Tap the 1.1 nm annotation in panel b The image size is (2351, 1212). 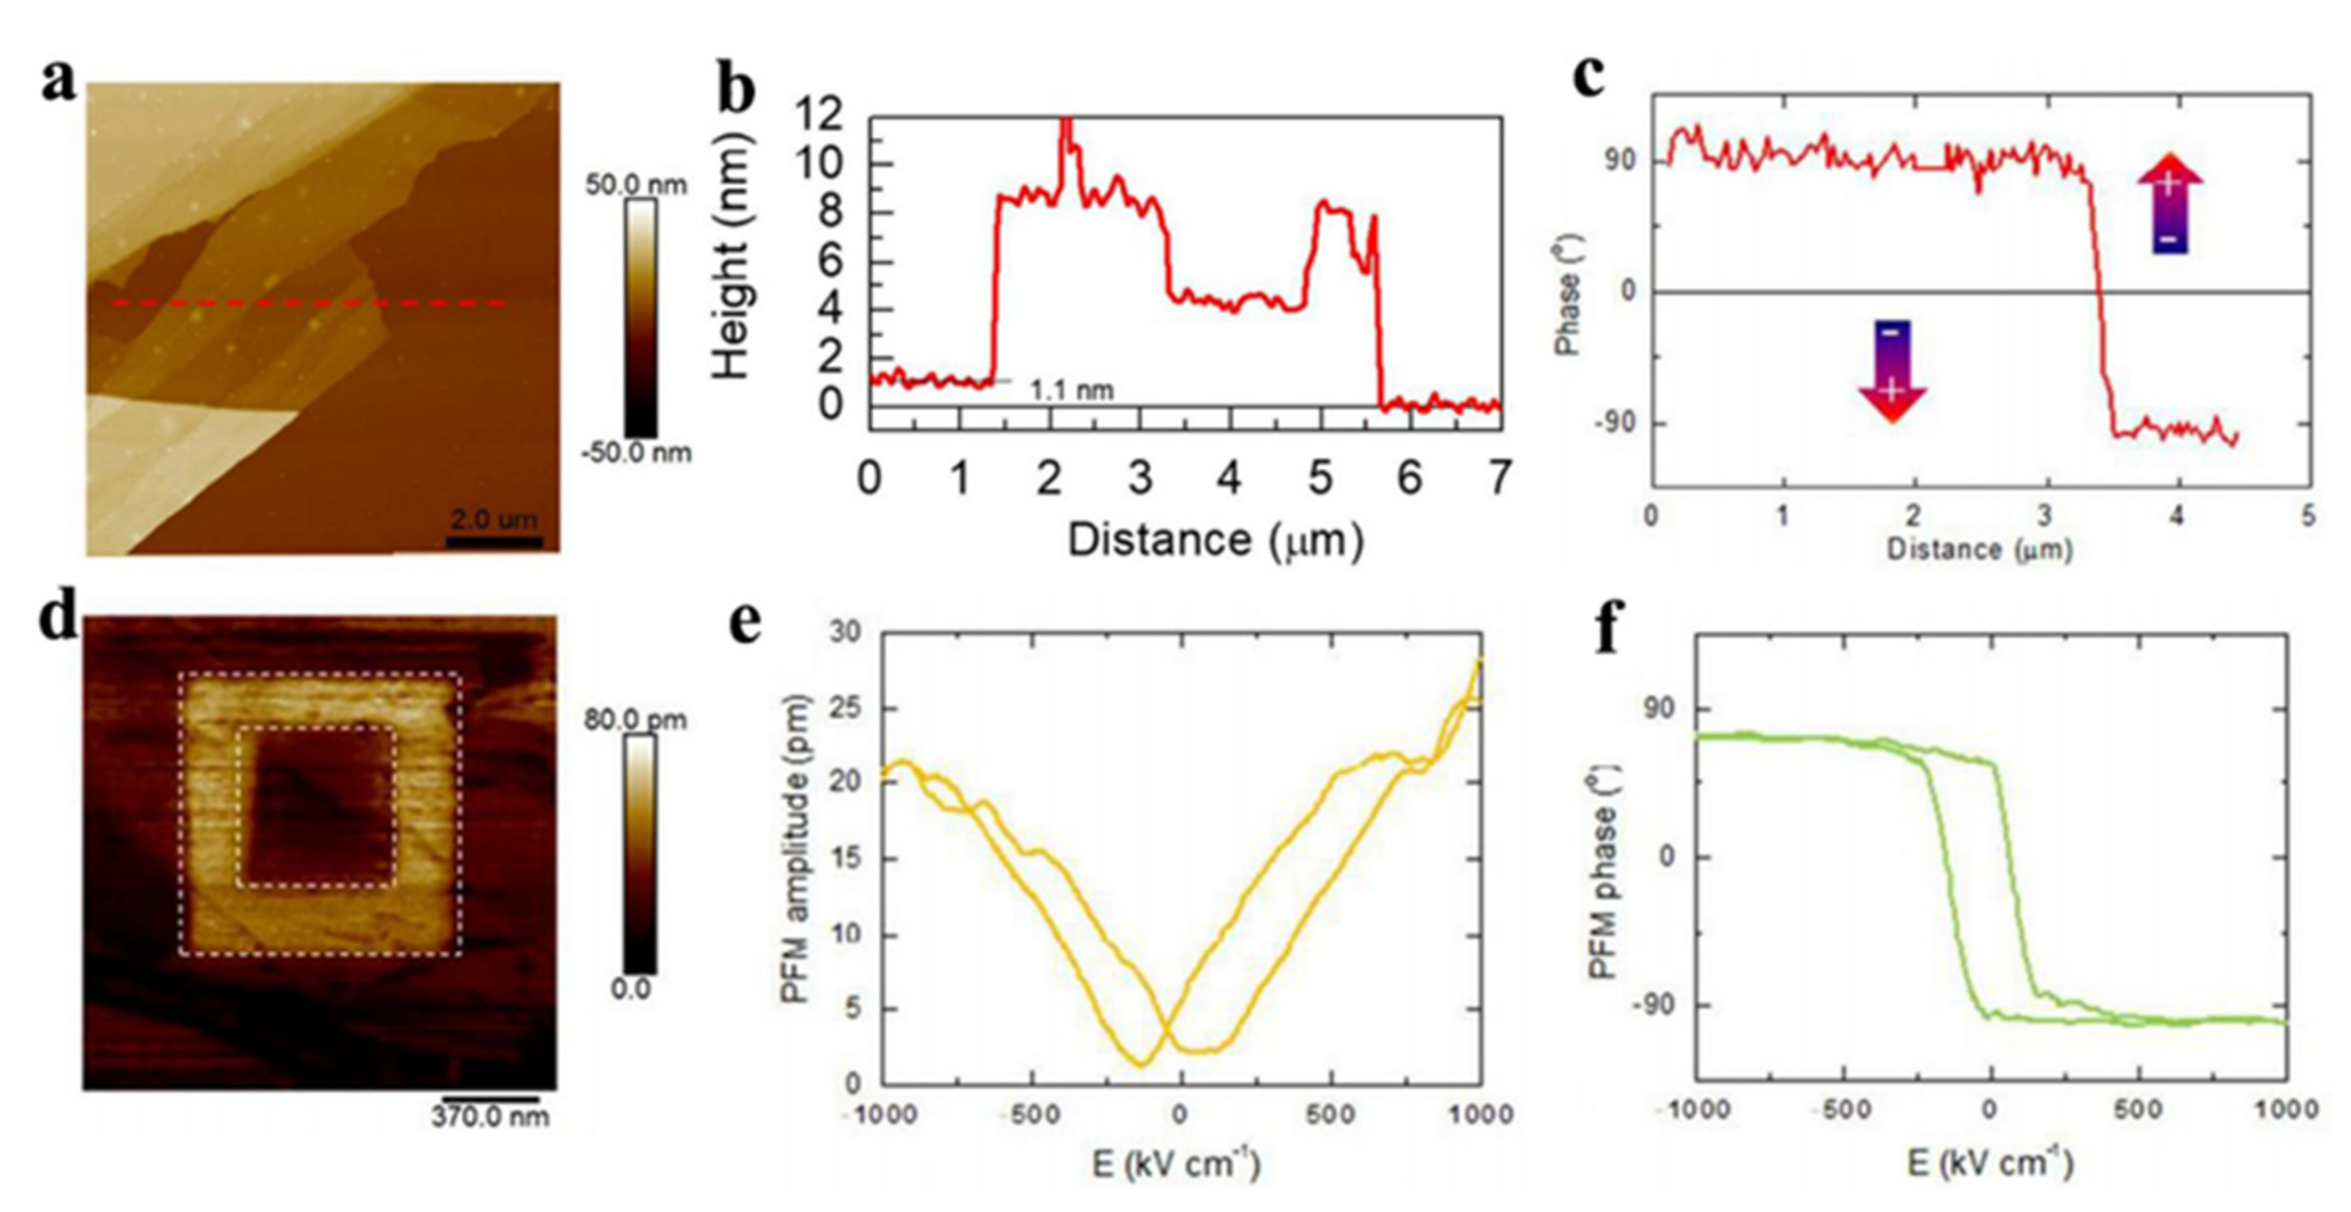point(1072,390)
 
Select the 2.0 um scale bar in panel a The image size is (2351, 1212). point(494,541)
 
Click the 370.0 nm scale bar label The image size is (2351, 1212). point(490,1116)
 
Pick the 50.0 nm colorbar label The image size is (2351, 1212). point(635,184)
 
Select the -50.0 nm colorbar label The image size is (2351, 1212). point(636,453)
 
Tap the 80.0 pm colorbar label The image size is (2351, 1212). point(635,720)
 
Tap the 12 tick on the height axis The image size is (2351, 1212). point(817,116)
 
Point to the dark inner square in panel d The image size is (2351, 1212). point(316,807)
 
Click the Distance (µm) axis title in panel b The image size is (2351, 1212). point(1215,541)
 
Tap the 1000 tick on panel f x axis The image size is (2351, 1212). point(2286,1110)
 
